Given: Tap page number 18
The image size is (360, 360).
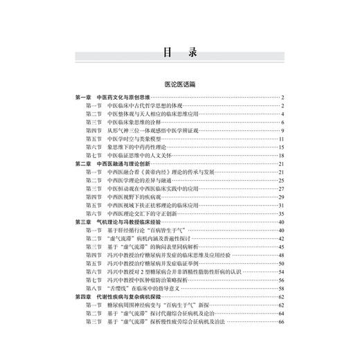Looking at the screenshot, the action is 282,155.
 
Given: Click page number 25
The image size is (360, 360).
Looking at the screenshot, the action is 282,180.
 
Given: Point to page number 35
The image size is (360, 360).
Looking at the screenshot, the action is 282,213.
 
